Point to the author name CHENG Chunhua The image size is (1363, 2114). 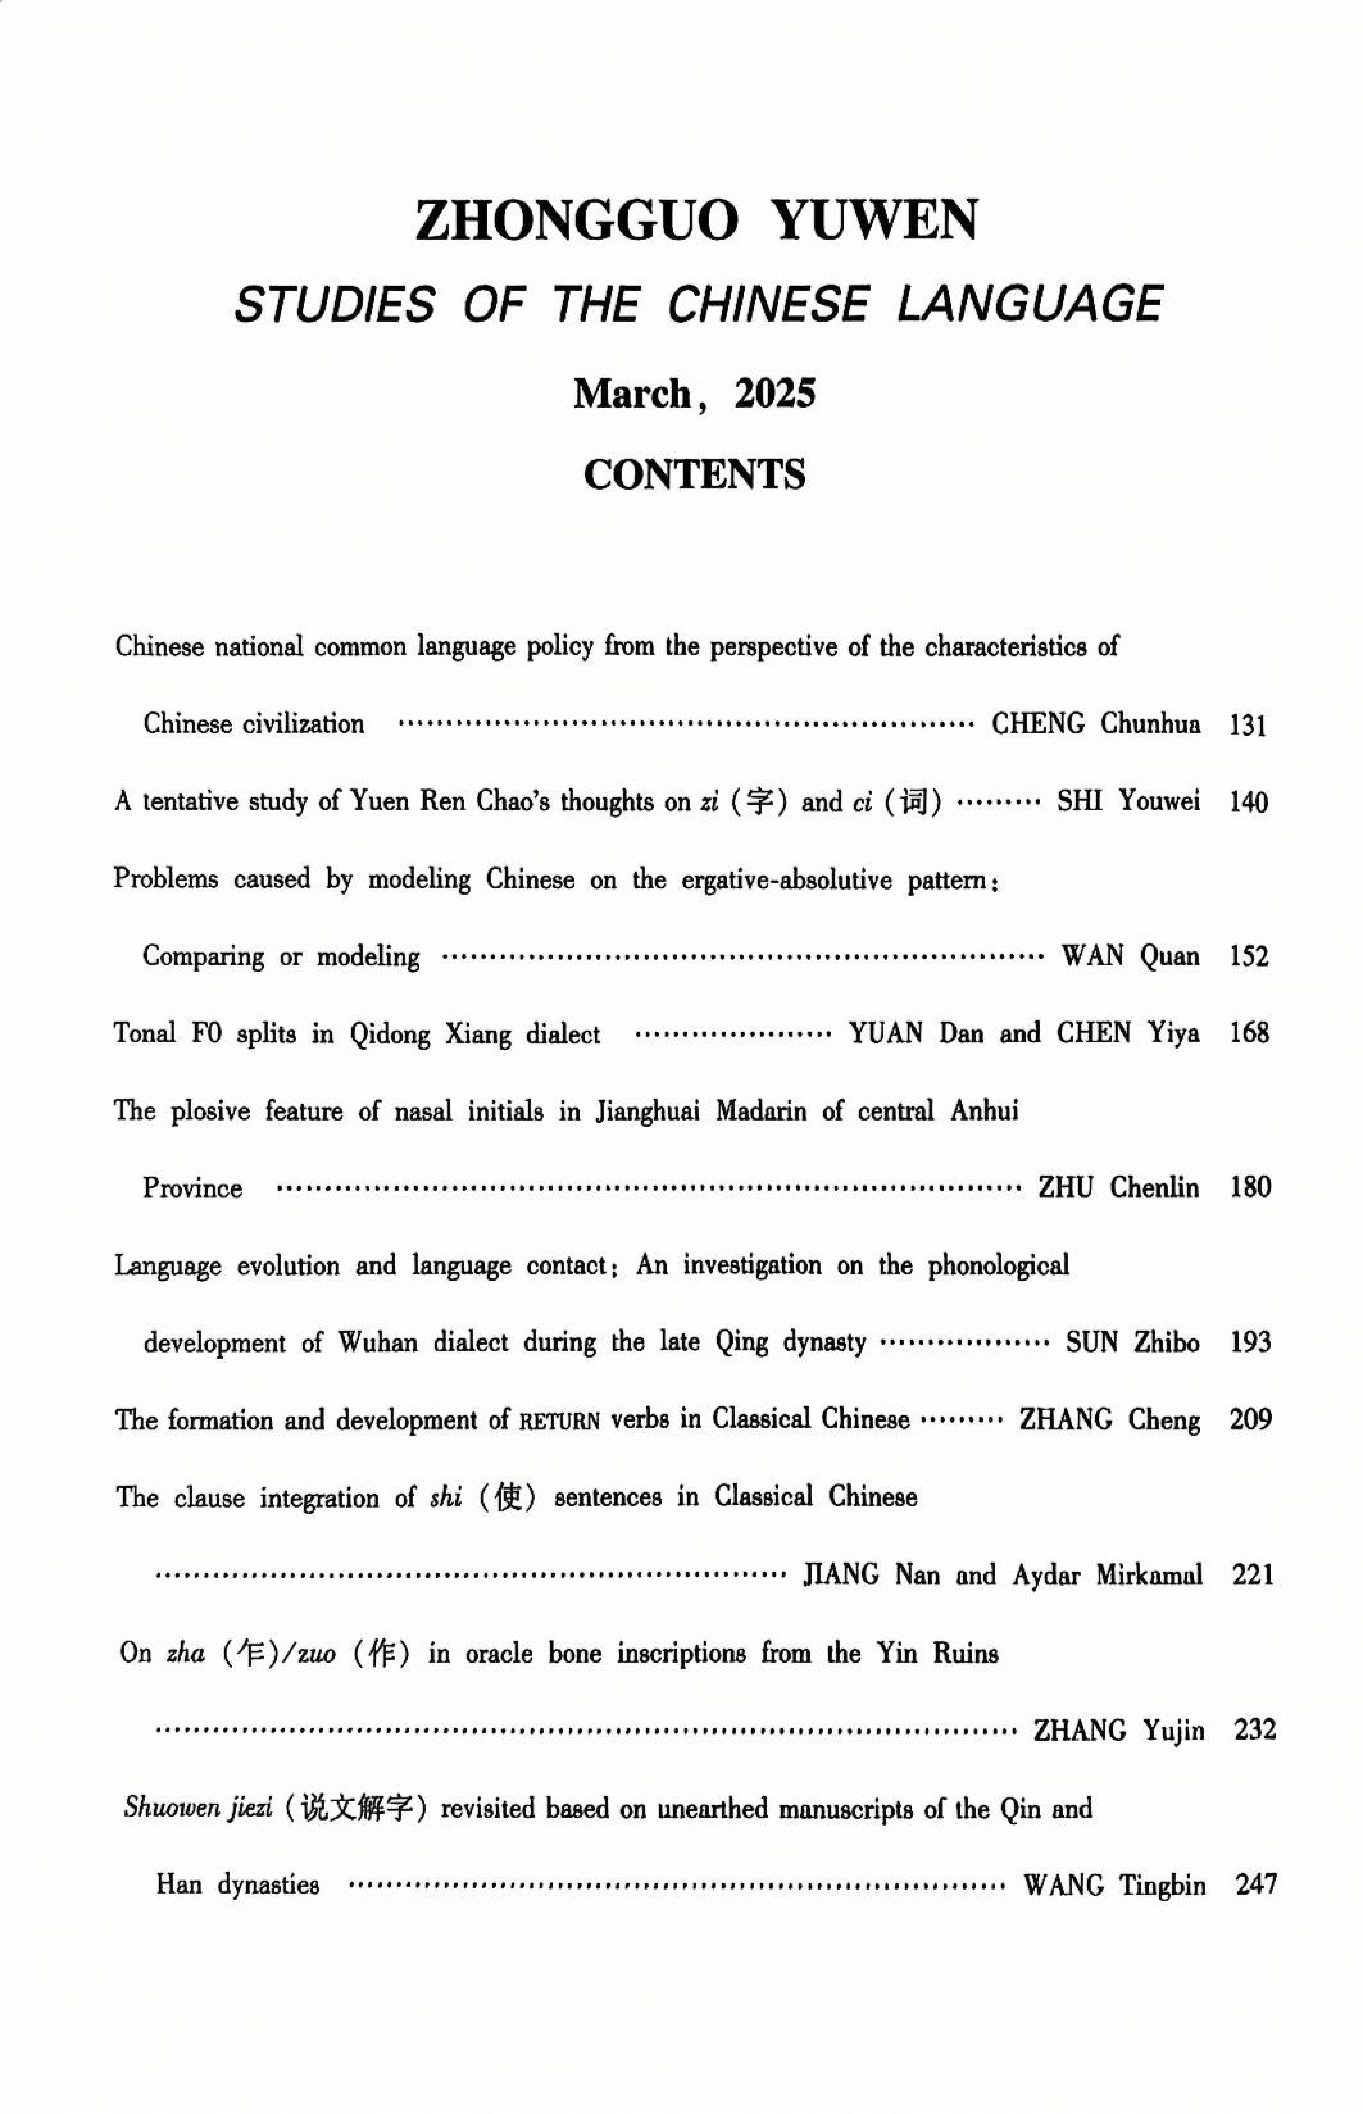coord(1096,724)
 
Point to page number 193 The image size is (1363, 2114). coord(1250,1342)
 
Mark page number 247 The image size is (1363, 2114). coord(1255,1885)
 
